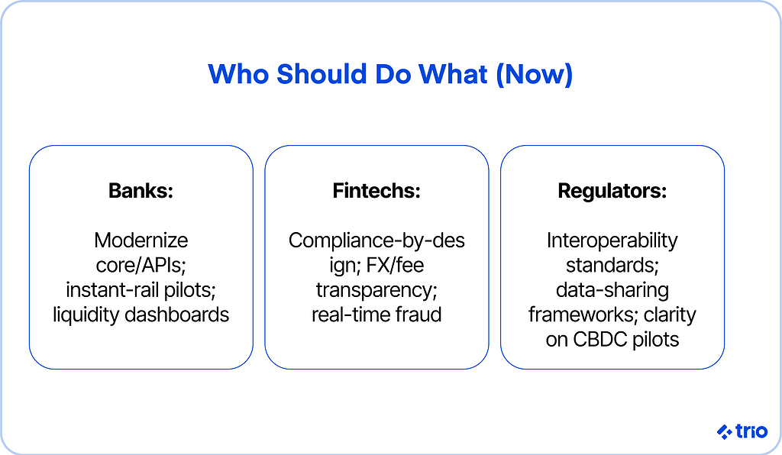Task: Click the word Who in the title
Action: coord(238,74)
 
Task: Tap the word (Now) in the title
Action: coord(534,74)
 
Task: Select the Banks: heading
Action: coord(141,190)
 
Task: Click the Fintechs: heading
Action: coord(376,190)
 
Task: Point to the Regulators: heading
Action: coord(612,191)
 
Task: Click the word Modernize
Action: coord(141,240)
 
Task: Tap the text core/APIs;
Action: coord(141,265)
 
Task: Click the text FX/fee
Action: coord(395,265)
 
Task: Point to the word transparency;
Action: coord(376,291)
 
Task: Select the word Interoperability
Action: coord(612,240)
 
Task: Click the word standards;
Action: coord(612,265)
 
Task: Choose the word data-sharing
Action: coord(612,291)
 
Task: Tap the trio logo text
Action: coord(751,431)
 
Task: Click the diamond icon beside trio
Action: coord(724,431)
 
